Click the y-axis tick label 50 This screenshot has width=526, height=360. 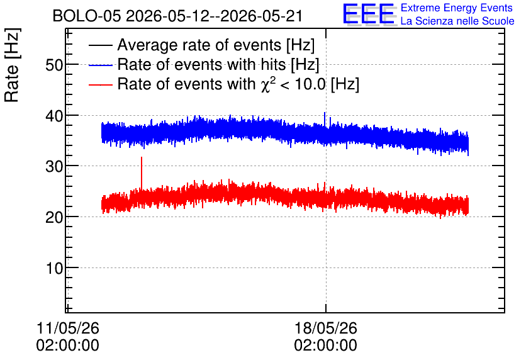[x=54, y=65]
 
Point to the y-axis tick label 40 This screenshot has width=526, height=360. [x=54, y=116]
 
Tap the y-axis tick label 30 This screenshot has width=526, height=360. [x=54, y=166]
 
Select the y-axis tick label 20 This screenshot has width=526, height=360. [x=54, y=217]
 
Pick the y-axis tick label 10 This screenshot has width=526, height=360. [x=54, y=268]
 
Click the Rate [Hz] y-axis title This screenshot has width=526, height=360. [x=12, y=65]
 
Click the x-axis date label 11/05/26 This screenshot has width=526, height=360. [x=68, y=328]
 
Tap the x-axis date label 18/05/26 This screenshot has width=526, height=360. [x=326, y=328]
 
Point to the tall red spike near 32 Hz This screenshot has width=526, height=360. [x=142, y=174]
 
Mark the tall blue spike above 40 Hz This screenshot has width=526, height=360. [x=325, y=120]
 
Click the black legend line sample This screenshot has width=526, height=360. [x=100, y=45]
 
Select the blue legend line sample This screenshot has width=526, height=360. [x=100, y=65]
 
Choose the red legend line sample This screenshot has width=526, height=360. [x=100, y=84]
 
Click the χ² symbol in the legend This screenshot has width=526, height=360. [x=267, y=84]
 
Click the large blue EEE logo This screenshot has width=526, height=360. [x=368, y=14]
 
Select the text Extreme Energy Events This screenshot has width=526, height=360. [x=457, y=8]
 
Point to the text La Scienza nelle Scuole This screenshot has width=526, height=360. [x=457, y=21]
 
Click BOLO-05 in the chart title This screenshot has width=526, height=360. [x=87, y=16]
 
